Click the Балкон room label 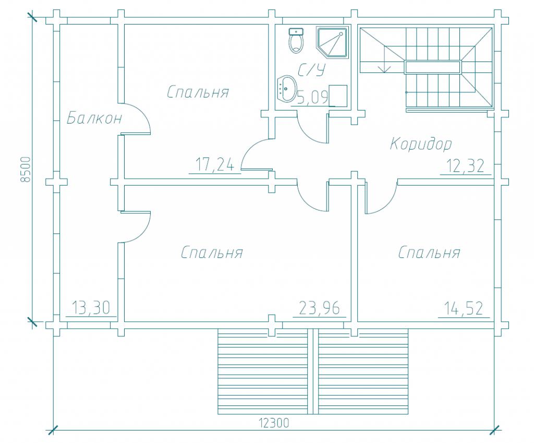tap(94, 118)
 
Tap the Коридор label tap(421, 143)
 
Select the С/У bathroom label tap(311, 70)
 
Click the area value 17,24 tap(215, 165)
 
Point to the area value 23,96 tap(320, 308)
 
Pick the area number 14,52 tap(464, 308)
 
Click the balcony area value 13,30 tap(91, 308)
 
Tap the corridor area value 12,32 tap(465, 166)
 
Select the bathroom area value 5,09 tap(312, 97)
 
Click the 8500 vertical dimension tap(26, 169)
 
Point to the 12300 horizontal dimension tap(274, 423)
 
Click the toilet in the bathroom tap(296, 41)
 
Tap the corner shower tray tap(333, 43)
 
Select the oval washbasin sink tap(287, 89)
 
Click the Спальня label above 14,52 tap(429, 252)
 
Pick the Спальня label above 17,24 tap(198, 92)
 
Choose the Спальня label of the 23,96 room tap(212, 252)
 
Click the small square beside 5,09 tap(338, 95)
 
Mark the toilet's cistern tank tap(296, 32)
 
